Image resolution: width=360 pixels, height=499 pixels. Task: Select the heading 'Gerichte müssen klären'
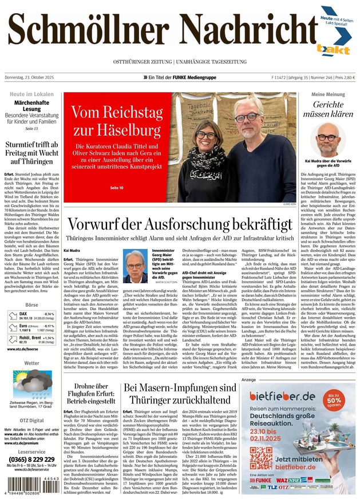(x=328, y=109)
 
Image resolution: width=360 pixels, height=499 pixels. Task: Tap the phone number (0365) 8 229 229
(x=32, y=460)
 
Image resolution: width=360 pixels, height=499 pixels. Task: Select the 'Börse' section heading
(x=32, y=306)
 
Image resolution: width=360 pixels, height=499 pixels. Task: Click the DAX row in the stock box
(x=32, y=316)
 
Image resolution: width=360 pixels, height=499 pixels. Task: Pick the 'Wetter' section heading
(x=32, y=363)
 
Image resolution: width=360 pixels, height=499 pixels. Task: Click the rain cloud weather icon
(x=32, y=381)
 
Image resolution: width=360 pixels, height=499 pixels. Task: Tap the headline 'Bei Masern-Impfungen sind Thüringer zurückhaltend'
(x=180, y=394)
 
